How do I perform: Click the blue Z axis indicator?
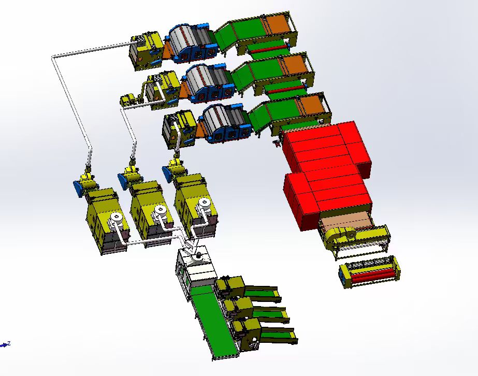pyautogui.click(x=6, y=344)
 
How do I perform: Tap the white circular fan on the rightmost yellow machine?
pyautogui.click(x=205, y=205)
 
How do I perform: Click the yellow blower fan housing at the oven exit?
pyautogui.click(x=337, y=238)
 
